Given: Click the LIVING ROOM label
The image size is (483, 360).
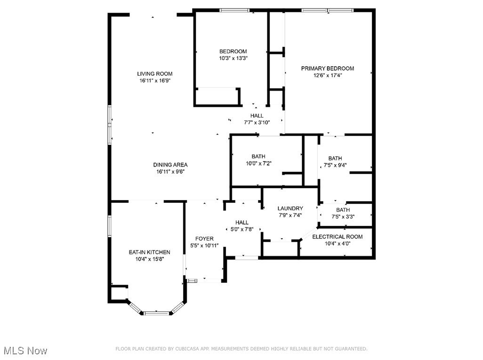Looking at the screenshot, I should [154, 74].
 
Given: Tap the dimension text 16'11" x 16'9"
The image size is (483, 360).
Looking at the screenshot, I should [154, 81].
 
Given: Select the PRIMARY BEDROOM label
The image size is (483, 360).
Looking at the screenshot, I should [327, 69].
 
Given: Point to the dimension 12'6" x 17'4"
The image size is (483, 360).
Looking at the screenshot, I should [327, 76].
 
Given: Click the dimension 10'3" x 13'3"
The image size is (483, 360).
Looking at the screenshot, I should [233, 58].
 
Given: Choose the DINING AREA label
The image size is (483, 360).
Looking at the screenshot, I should [170, 165].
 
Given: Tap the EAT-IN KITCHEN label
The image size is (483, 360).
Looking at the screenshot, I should [149, 252].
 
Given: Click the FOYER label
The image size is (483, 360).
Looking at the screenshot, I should [204, 239].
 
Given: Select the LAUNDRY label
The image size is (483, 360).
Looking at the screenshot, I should [290, 208].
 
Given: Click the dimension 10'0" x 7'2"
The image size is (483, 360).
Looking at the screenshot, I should [258, 163].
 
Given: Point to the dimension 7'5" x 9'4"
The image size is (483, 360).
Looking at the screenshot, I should [335, 165].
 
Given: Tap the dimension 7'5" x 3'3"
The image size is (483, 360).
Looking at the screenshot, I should [343, 217].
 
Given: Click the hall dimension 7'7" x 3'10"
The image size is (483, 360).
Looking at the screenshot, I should [257, 122].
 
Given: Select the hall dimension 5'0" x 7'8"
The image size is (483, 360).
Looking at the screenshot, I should [241, 230].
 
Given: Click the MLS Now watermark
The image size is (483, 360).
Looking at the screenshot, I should [24, 351].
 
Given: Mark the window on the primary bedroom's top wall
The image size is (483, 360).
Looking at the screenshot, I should [327, 10].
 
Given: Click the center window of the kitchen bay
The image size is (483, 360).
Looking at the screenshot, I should [156, 312].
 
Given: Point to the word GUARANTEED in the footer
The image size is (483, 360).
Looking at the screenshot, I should [349, 349].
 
